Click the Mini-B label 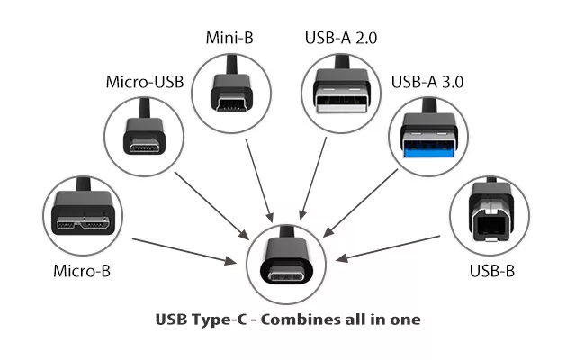[x=229, y=38]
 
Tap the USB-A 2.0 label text [x=341, y=38]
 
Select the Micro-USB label [x=145, y=82]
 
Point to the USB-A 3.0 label [x=427, y=82]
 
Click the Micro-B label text [x=82, y=271]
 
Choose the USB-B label [x=492, y=271]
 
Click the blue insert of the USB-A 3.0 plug [x=428, y=150]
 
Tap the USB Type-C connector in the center [x=286, y=262]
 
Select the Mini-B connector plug [x=231, y=88]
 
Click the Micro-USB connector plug [x=144, y=132]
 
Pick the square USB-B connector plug [x=490, y=211]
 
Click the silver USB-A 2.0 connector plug [x=341, y=88]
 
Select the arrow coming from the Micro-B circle [x=184, y=251]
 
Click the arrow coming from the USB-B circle [x=388, y=248]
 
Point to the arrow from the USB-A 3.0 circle [x=360, y=202]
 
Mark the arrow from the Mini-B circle [x=259, y=181]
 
